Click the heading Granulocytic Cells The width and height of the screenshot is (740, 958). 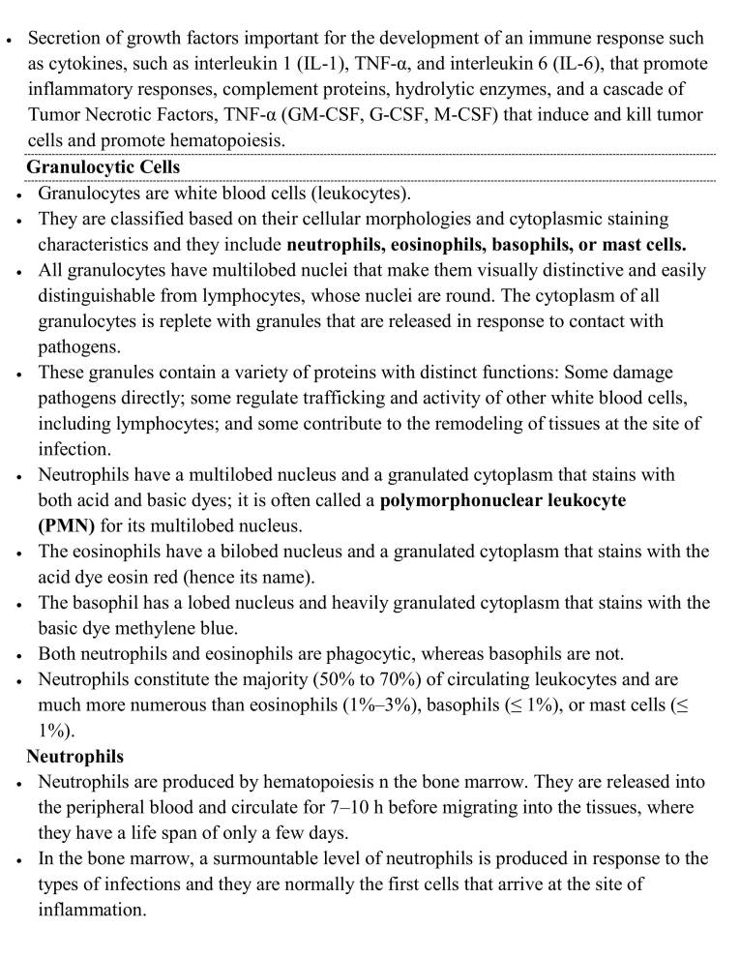(103, 167)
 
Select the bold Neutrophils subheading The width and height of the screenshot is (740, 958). (74, 756)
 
